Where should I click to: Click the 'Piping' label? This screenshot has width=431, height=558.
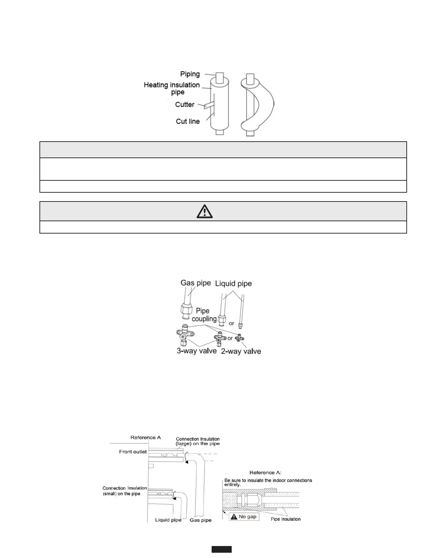pos(190,74)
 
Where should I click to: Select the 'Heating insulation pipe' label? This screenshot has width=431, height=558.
pos(172,88)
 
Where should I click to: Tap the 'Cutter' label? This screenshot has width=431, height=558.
pos(185,105)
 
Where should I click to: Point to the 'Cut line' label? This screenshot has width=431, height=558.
pos(188,121)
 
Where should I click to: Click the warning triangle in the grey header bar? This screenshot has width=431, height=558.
pos(205,211)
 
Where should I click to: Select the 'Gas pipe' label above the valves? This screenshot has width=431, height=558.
pos(195,283)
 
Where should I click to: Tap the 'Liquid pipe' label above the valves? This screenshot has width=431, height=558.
pos(233,284)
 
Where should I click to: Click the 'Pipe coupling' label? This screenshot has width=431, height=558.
pos(204,315)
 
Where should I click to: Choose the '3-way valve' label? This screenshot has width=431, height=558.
pos(196,351)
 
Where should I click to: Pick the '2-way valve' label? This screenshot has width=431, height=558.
pos(241,351)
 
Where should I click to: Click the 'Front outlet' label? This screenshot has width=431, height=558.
pos(133,452)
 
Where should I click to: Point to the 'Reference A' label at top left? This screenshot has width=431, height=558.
pos(145,438)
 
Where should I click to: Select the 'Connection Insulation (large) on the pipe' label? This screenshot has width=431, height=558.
pos(198,441)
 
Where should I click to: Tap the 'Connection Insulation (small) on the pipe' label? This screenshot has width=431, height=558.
pos(125,491)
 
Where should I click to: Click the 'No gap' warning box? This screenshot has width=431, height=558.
pos(244,516)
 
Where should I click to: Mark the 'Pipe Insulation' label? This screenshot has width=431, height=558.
pos(286,519)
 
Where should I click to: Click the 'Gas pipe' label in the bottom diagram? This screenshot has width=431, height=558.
pos(201,520)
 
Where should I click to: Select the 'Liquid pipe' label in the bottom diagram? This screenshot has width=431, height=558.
pos(168,520)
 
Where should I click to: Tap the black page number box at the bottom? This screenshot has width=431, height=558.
pos(221,549)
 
